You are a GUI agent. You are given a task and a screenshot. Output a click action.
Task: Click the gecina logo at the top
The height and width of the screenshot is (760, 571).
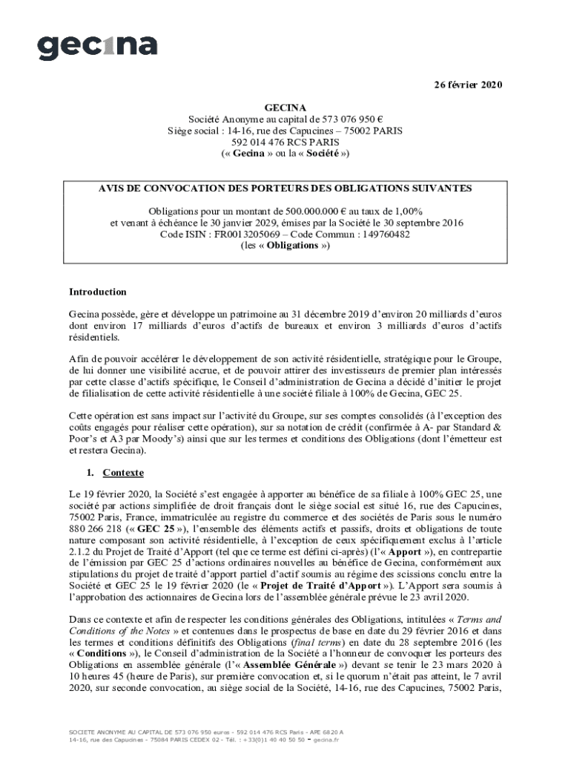(x=97, y=46)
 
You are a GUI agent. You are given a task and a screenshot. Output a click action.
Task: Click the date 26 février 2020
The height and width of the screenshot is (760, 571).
(x=468, y=85)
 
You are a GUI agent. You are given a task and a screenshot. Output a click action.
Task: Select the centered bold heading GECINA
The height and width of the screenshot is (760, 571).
(x=285, y=107)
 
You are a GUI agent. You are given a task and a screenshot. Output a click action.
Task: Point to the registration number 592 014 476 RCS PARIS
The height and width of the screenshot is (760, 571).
(x=285, y=141)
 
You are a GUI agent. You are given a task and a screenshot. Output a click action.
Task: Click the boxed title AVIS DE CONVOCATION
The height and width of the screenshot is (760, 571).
(x=285, y=189)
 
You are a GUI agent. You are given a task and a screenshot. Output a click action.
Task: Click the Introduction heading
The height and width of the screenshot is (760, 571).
(x=97, y=292)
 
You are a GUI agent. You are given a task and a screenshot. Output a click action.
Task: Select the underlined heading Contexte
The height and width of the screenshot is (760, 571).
(x=123, y=473)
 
